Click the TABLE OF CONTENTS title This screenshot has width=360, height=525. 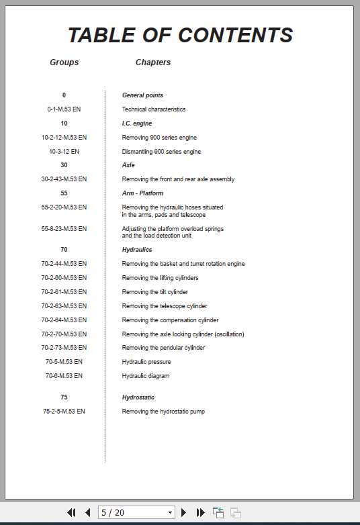click(x=180, y=35)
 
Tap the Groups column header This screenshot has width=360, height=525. click(x=64, y=62)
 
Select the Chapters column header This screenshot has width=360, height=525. click(x=153, y=62)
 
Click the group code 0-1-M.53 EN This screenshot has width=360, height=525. click(x=64, y=109)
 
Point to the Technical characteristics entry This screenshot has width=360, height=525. click(x=154, y=109)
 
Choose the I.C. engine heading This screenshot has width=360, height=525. click(x=137, y=124)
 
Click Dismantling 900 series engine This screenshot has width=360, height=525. click(x=161, y=152)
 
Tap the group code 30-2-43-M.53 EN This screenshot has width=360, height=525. click(x=64, y=179)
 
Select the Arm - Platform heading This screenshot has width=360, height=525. click(x=142, y=193)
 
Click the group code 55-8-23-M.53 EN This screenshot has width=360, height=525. click(x=64, y=229)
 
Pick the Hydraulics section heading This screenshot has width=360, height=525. click(x=137, y=250)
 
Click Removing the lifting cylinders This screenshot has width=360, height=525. click(x=160, y=278)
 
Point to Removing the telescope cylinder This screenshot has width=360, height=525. click(x=165, y=306)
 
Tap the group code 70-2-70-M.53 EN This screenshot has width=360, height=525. click(x=64, y=334)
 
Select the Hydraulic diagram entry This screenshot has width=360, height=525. click(x=146, y=376)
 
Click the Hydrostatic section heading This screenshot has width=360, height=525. click(x=138, y=397)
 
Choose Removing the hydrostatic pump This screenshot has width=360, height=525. click(x=163, y=412)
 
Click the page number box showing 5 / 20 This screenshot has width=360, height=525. click(x=136, y=512)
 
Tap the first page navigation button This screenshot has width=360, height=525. click(x=71, y=512)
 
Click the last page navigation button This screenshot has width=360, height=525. click(x=200, y=512)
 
